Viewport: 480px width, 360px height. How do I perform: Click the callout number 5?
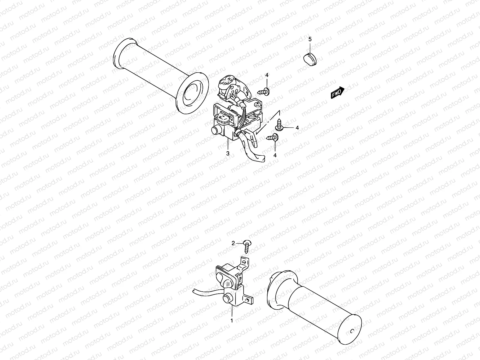click(310, 39)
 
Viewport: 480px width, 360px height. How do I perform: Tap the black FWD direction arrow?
click(337, 93)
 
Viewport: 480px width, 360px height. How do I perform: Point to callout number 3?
click(228, 153)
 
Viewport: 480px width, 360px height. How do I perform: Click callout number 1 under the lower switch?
click(232, 321)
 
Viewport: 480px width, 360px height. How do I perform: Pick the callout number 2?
click(233, 243)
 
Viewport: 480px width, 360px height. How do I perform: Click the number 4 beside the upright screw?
click(297, 128)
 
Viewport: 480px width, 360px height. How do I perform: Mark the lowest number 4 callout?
click(275, 155)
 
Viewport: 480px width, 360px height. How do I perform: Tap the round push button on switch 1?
click(227, 298)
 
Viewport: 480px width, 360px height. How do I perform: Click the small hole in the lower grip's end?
click(352, 331)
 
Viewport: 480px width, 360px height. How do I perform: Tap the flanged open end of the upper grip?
click(192, 93)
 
